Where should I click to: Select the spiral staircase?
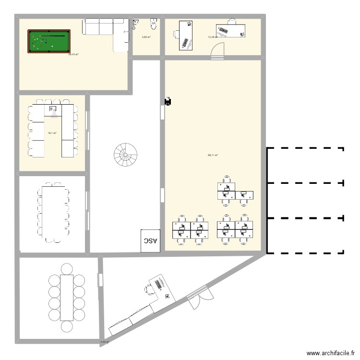pyautogui.click(x=125, y=155)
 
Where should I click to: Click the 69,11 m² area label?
pyautogui.click(x=213, y=155)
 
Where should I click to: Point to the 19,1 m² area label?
pyautogui.click(x=52, y=133)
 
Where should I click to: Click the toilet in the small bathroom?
pyautogui.click(x=154, y=23)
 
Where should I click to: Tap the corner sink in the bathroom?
pyautogui.click(x=136, y=22)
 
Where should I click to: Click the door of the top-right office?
pyautogui.click(x=219, y=50)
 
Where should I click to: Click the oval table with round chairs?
pyautogui.click(x=67, y=298)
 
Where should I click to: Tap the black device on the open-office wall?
pyautogui.click(x=168, y=101)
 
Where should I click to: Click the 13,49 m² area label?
pyautogui.click(x=212, y=37)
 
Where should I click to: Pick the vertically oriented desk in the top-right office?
pyautogui.click(x=185, y=35)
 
